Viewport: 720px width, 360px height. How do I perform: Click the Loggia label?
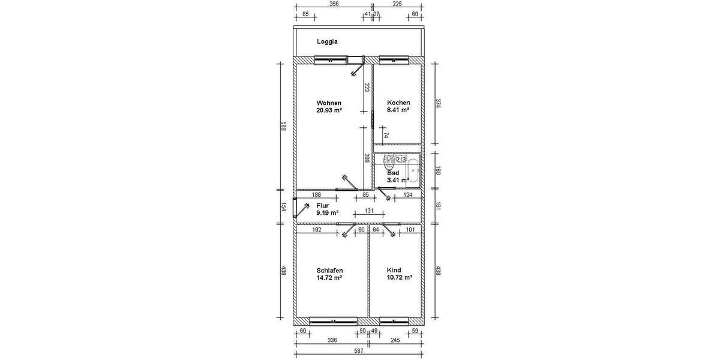[x=328, y=42]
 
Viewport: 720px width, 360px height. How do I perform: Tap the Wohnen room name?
[x=329, y=103]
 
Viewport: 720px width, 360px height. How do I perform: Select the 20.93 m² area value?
[x=329, y=110]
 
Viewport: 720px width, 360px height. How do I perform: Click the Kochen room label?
[x=398, y=103]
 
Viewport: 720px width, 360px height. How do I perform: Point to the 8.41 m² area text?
[x=398, y=110]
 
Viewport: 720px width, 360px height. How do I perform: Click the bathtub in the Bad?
[x=415, y=169]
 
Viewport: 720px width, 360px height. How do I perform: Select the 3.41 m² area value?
[x=398, y=179]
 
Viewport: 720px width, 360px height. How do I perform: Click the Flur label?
[x=323, y=205]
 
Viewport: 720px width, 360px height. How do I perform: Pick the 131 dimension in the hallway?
[x=370, y=211]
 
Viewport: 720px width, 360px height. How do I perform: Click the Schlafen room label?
[x=329, y=271]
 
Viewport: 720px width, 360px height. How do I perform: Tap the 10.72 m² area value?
[x=399, y=278]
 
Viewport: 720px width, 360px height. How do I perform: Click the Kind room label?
[x=394, y=270]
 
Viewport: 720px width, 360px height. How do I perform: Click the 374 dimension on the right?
[x=438, y=103]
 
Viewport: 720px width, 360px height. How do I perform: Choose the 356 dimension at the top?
[x=334, y=4]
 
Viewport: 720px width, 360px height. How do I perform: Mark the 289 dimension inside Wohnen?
[x=366, y=158]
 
